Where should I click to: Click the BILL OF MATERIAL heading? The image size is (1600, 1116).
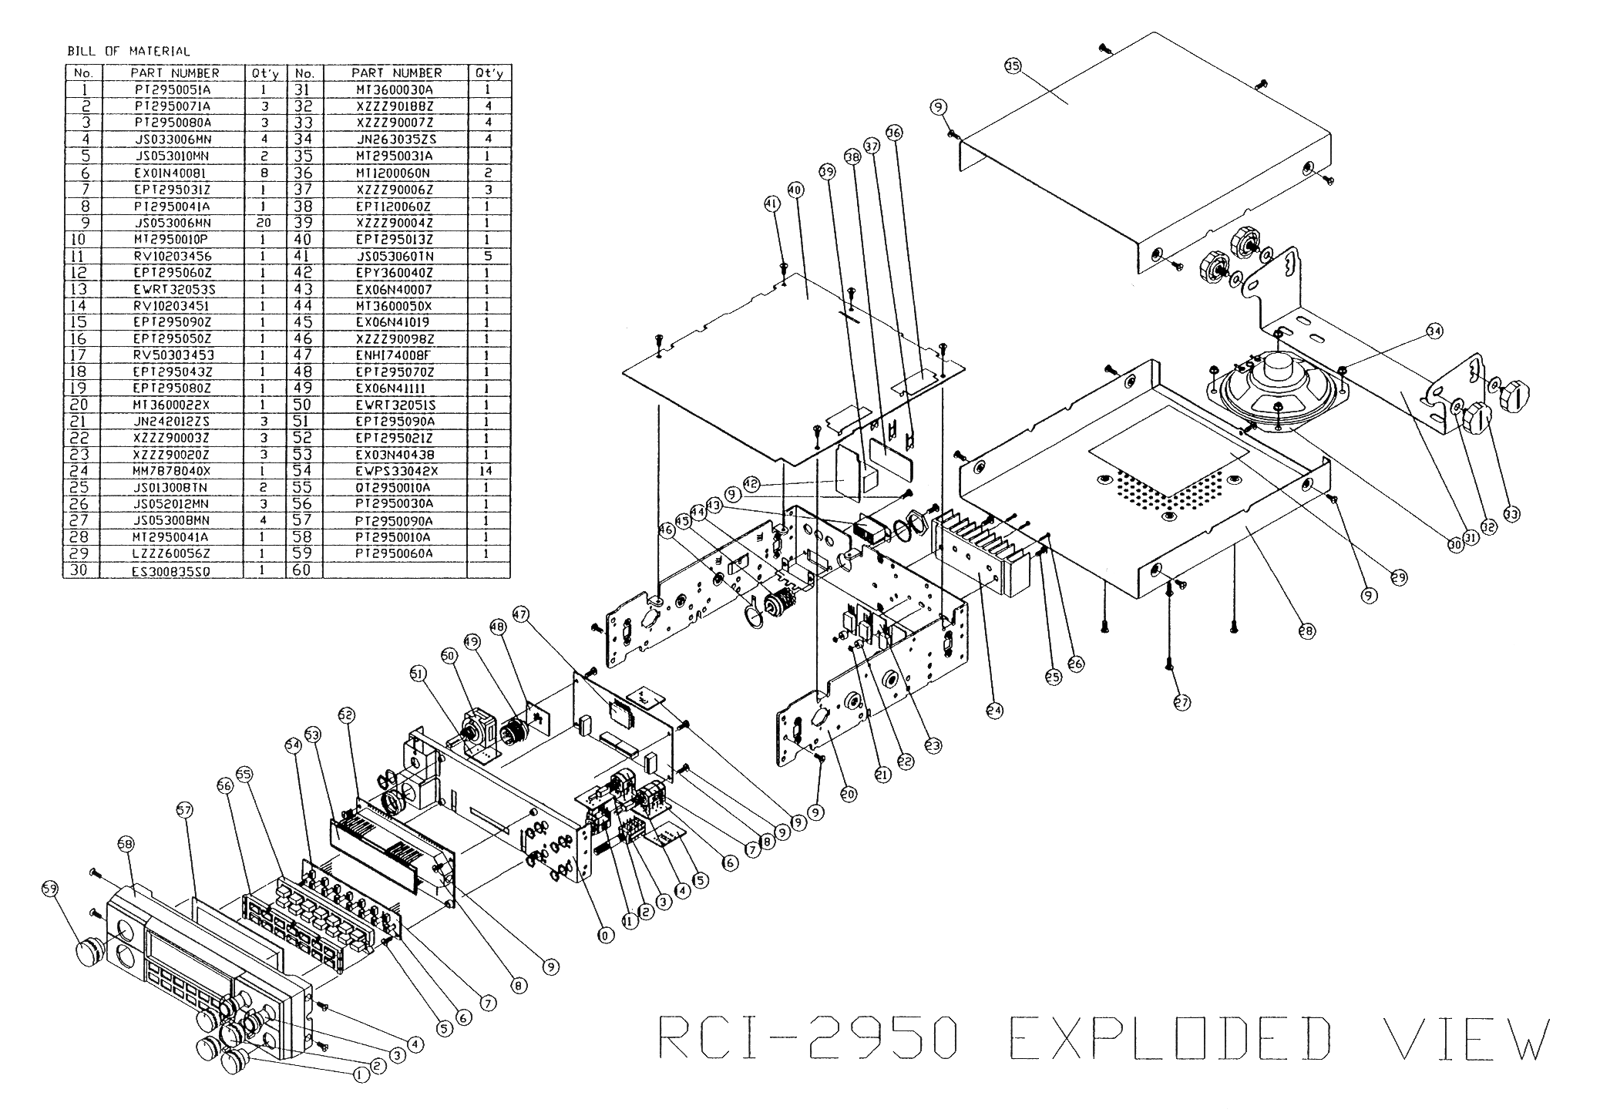click(x=129, y=52)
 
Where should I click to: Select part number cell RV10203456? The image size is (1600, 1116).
click(x=173, y=256)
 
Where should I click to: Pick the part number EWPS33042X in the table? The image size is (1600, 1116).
click(x=397, y=471)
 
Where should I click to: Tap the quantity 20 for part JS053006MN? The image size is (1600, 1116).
click(x=264, y=223)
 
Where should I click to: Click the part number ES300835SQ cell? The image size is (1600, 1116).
click(x=173, y=571)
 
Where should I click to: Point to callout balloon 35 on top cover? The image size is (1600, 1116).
click(x=1012, y=66)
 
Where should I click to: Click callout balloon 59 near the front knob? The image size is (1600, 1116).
click(x=49, y=889)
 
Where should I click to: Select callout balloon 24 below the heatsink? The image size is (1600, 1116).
click(x=994, y=711)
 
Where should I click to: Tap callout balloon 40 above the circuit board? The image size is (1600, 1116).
click(x=795, y=189)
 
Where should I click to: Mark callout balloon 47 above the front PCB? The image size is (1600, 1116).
click(x=521, y=614)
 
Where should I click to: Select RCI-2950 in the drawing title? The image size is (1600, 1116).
click(x=809, y=1038)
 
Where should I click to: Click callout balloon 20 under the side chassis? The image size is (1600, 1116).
click(x=849, y=793)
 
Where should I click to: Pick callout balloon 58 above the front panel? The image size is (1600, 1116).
click(x=125, y=845)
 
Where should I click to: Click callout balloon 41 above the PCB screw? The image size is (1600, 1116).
click(x=771, y=203)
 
